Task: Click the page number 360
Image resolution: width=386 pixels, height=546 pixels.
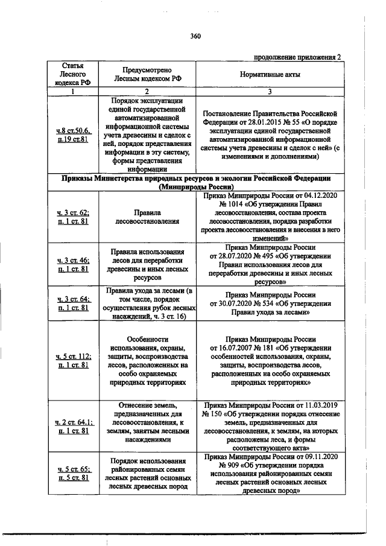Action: (194, 36)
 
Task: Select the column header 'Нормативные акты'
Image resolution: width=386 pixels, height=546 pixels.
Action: (270, 74)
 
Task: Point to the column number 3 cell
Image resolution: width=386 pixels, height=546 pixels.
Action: (270, 92)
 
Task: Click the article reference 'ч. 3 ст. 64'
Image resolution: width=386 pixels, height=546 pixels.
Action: (72, 299)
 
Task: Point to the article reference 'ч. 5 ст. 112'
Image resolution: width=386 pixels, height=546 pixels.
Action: (72, 357)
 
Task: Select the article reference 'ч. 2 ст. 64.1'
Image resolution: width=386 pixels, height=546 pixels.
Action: (72, 422)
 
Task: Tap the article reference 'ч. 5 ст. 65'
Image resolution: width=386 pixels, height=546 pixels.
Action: (72, 468)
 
